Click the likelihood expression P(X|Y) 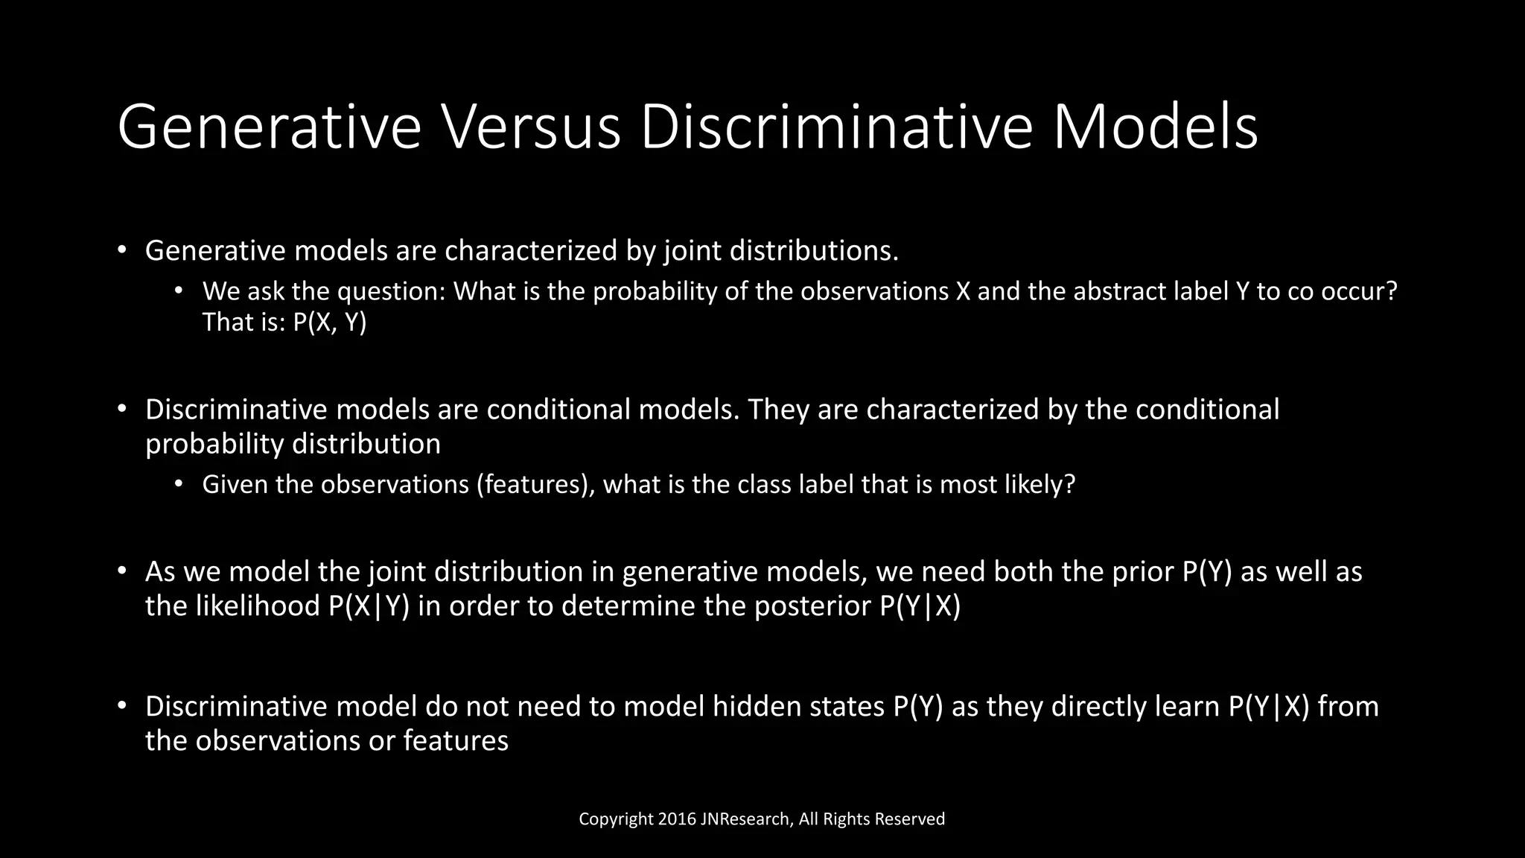[369, 606]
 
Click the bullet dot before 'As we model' [122, 572]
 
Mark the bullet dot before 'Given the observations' [179, 485]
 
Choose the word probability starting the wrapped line [214, 445]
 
